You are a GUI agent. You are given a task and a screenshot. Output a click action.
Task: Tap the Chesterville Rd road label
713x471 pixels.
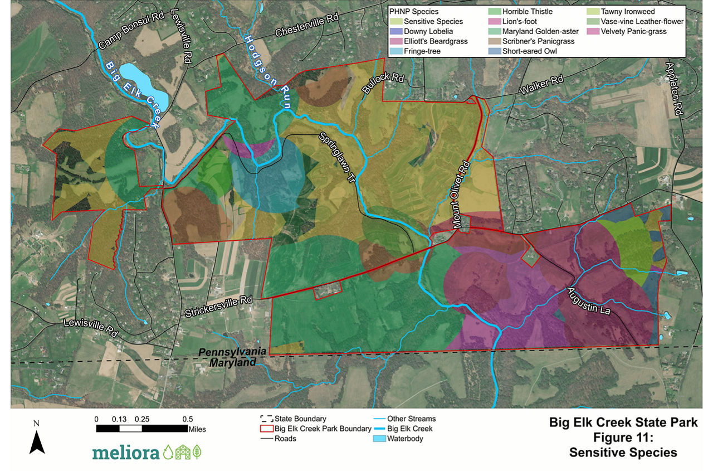coord(307,26)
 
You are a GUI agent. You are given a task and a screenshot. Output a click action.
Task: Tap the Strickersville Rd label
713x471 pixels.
coord(219,304)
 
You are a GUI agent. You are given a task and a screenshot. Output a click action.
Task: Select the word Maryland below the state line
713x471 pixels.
coord(232,362)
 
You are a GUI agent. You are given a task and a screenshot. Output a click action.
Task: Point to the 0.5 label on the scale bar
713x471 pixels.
coord(187,419)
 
